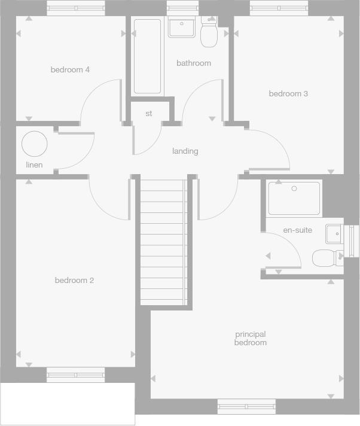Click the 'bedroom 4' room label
tap(70, 70)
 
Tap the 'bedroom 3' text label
tap(288, 94)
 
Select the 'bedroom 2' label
tap(74, 281)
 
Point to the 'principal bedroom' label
tap(251, 339)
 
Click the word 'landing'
tap(185, 151)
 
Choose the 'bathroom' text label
tap(194, 63)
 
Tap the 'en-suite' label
tap(297, 230)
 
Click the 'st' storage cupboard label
tap(149, 114)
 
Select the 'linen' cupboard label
tap(34, 165)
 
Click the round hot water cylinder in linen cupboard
tap(34, 144)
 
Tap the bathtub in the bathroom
tap(147, 56)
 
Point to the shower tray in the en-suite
tap(294, 198)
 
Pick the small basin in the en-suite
tap(334, 233)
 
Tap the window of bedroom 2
tap(75, 375)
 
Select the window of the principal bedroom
tap(246, 407)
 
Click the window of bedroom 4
tap(75, 8)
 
